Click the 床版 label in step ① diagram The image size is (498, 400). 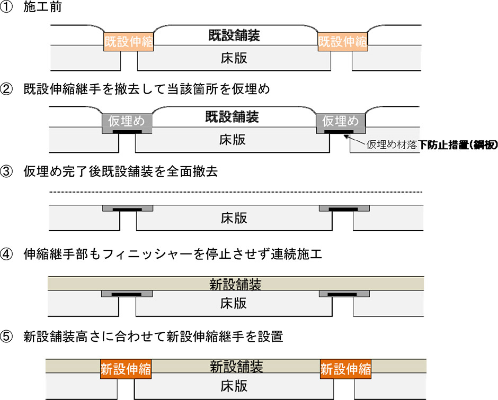[x=234, y=58]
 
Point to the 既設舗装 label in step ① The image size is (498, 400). [x=234, y=36]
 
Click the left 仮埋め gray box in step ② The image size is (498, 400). [x=127, y=121]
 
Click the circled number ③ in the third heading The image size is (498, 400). [x=7, y=171]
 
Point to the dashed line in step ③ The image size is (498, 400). [x=236, y=192]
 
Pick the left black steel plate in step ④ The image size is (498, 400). [x=126, y=294]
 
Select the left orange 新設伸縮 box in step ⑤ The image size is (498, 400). [x=125, y=369]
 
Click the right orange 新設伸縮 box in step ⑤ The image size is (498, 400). [x=345, y=369]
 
